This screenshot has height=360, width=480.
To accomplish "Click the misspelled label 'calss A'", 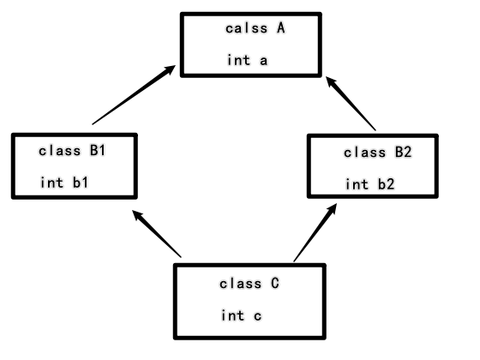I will tap(255, 28).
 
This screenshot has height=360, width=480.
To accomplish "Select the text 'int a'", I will tap(247, 60).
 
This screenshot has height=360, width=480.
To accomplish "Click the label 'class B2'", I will tap(378, 153).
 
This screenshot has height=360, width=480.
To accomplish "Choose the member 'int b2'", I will tap(369, 184).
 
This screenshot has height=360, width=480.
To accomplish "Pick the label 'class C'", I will tap(251, 283).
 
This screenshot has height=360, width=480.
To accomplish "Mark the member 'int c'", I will tap(242, 315).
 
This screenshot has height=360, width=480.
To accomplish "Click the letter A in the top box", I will tap(279, 28).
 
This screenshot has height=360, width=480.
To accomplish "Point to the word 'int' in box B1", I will tap(51, 183).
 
